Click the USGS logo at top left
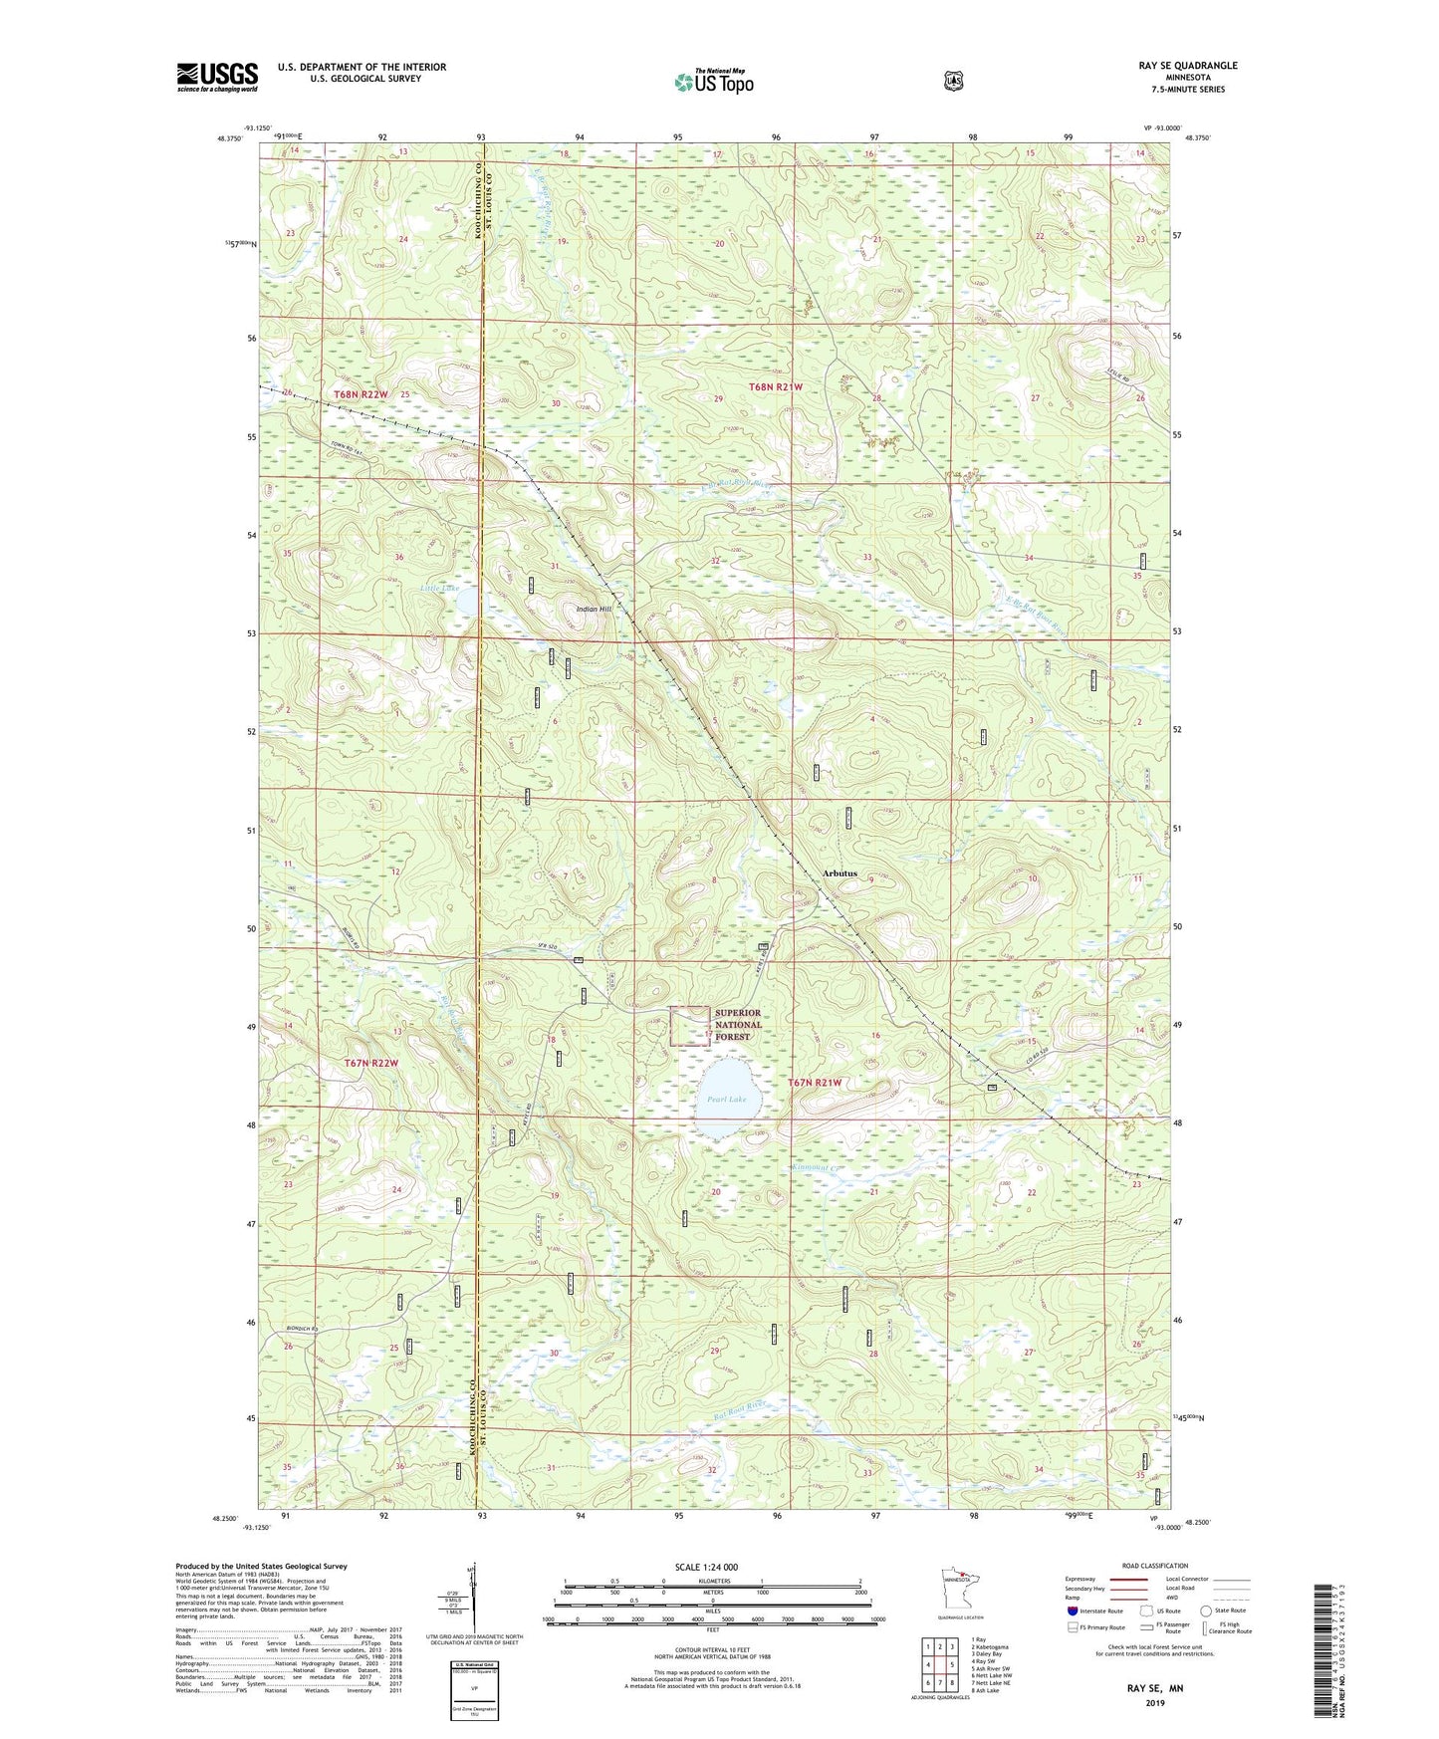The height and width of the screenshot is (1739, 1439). tap(217, 77)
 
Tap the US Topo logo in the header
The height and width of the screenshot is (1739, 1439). tap(712, 81)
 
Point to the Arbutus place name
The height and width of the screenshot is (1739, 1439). tap(839, 873)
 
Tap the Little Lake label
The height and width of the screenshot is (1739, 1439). tap(439, 589)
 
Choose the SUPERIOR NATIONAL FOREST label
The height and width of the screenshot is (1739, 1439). tap(738, 1025)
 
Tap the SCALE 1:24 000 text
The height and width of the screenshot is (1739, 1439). tap(706, 1567)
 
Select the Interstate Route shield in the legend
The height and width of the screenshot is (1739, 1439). tap(1072, 1611)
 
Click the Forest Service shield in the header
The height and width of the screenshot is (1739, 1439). tap(953, 81)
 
